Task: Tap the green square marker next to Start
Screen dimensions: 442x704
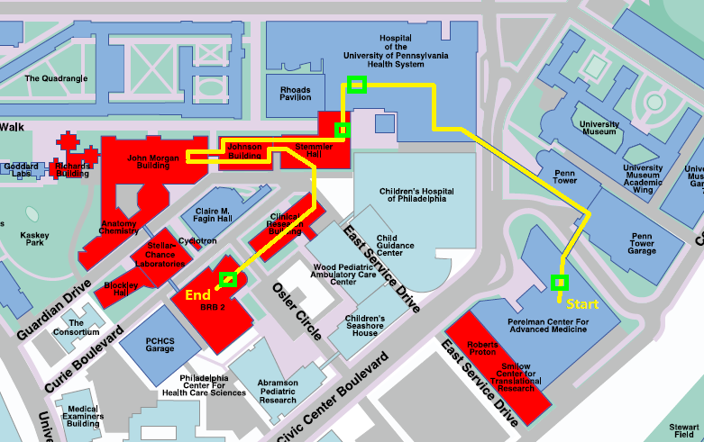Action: pos(560,284)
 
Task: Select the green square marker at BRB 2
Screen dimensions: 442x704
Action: pos(228,279)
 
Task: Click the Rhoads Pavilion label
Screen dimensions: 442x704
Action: pos(295,94)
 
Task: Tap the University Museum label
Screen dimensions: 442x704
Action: pos(599,130)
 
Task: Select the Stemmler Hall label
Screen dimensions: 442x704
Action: pos(307,149)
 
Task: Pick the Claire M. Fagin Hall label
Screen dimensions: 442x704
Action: pos(214,219)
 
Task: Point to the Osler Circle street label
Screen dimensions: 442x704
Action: pos(297,311)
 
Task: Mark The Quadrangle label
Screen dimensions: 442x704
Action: pos(57,78)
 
